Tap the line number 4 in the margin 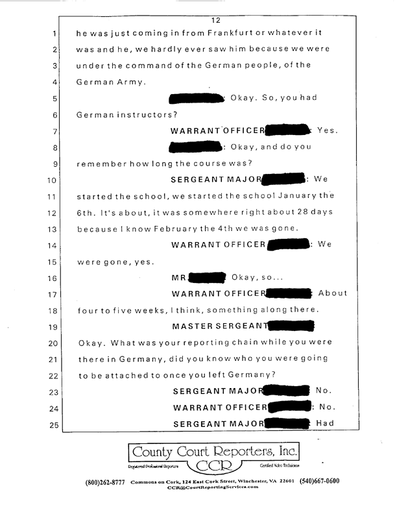[55, 82]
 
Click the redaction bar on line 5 [196, 99]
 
